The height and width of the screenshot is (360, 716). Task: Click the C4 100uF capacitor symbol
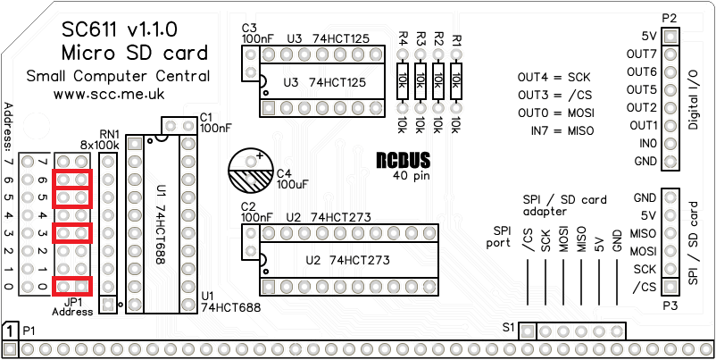tap(254, 169)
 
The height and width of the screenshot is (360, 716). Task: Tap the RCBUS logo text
tap(403, 161)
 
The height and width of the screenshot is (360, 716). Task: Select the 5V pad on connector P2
tap(670, 37)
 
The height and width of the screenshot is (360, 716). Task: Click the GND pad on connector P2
tap(670, 162)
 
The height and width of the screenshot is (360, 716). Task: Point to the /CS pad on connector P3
tap(670, 287)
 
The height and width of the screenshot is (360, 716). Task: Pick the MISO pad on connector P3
tap(670, 233)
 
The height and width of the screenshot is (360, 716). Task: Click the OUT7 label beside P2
tap(642, 54)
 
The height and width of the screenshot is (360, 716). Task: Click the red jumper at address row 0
tap(72, 287)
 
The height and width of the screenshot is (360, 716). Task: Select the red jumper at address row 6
tap(72, 180)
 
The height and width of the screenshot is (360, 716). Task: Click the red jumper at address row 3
tap(72, 233)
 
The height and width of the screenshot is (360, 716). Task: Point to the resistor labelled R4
tap(403, 81)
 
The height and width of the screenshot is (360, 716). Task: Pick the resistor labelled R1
tap(456, 81)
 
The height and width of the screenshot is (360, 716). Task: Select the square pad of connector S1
tap(528, 331)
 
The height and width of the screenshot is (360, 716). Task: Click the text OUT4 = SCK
tap(554, 78)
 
